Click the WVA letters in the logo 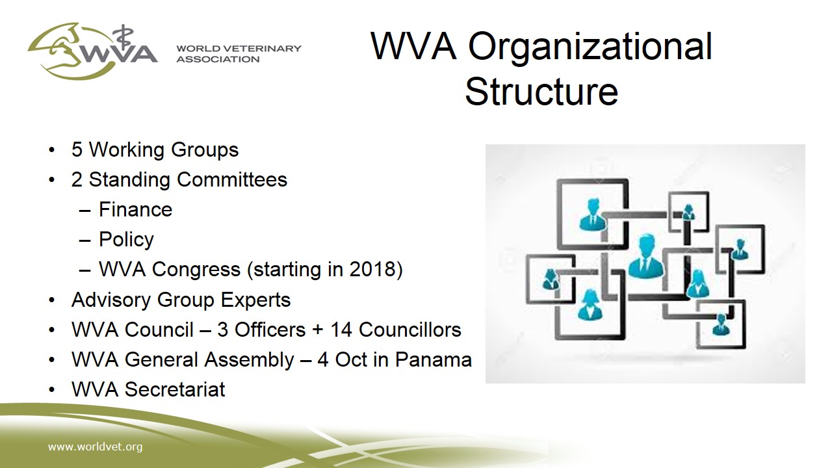120,54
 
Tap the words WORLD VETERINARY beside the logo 239,48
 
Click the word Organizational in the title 590,47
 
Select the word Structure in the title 541,91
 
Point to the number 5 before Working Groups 77,149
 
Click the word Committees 232,179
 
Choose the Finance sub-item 135,209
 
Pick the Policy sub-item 126,240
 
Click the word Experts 255,300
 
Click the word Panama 433,359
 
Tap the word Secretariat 175,389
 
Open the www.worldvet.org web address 95,447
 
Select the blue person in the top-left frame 592,214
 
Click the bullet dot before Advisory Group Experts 51,300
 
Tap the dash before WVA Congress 84,270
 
